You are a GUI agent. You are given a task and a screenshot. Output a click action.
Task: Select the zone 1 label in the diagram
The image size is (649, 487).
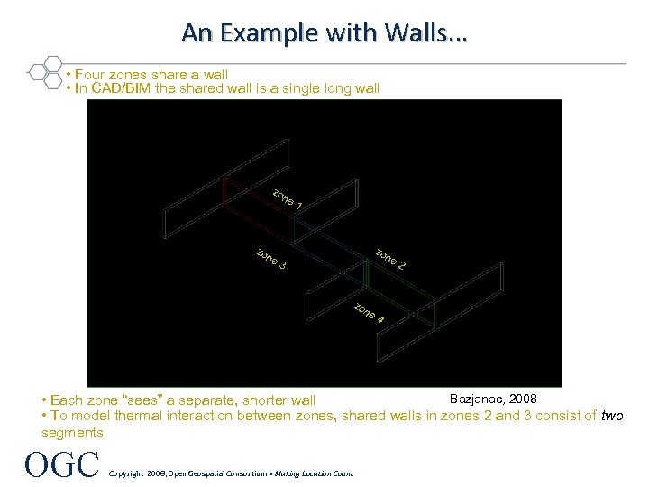pyautogui.click(x=287, y=200)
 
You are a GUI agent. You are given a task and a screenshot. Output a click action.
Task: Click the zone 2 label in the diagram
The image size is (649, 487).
pyautogui.click(x=390, y=259)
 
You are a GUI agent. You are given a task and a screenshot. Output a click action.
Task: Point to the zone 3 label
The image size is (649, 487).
pyautogui.click(x=271, y=259)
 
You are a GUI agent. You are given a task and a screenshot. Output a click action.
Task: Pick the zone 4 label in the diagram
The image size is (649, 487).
pyautogui.click(x=369, y=313)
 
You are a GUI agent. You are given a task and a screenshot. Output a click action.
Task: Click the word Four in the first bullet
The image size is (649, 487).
pyautogui.click(x=90, y=74)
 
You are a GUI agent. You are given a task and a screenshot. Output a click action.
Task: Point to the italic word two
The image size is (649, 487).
pyautogui.click(x=612, y=416)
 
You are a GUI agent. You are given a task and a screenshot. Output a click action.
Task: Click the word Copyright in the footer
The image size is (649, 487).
pyautogui.click(x=127, y=473)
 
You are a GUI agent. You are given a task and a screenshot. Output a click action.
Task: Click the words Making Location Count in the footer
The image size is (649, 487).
pyautogui.click(x=315, y=473)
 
